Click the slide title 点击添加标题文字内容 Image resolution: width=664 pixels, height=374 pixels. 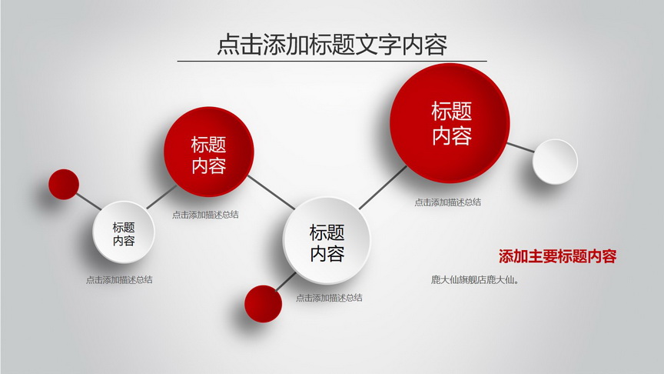(332, 45)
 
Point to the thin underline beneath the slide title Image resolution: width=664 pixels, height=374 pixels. (332, 61)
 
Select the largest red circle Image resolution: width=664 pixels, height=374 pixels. (450, 123)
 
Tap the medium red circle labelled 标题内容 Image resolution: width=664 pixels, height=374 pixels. (209, 152)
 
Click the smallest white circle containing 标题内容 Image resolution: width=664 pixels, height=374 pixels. (124, 232)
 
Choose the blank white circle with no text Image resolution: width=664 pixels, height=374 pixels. (555, 162)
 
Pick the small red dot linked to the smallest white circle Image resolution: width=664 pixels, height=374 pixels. (64, 184)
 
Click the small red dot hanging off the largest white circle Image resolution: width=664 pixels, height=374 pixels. (263, 304)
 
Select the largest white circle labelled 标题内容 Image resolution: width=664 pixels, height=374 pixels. (327, 240)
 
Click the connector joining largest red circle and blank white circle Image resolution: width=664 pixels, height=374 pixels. (520, 148)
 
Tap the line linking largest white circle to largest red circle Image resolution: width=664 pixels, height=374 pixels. (383, 188)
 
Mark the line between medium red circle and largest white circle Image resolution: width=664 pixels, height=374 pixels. (271, 192)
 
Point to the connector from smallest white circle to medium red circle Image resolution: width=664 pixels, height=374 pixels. (161, 197)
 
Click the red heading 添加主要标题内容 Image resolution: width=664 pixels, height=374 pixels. (557, 256)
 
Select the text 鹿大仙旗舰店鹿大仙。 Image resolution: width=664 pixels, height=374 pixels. (475, 280)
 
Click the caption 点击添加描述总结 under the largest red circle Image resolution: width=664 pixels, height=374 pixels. (447, 202)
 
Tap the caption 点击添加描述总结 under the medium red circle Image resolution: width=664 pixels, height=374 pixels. (205, 215)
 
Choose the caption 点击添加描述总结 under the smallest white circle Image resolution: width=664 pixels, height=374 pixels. (119, 280)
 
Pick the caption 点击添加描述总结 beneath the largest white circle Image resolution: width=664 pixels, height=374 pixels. (329, 298)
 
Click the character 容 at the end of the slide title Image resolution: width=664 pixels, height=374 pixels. (436, 45)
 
